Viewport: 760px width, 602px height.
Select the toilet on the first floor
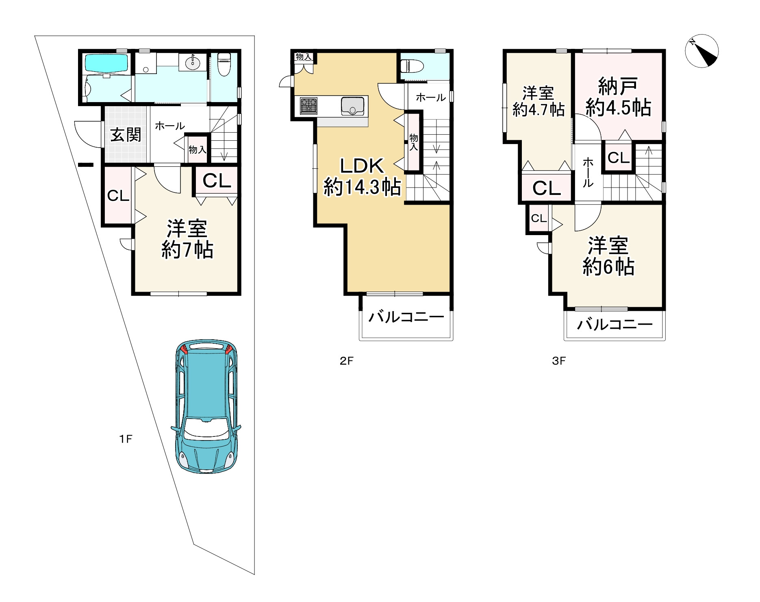(x=224, y=64)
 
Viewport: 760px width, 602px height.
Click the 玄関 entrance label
(x=126, y=135)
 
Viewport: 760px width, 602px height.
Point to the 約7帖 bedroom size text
(x=187, y=250)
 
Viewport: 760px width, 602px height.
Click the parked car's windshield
(x=205, y=430)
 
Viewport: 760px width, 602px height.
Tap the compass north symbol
(x=702, y=51)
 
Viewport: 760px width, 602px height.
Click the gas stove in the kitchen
(x=309, y=106)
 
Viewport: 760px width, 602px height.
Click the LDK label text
(x=362, y=166)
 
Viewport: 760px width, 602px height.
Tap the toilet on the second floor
(x=412, y=65)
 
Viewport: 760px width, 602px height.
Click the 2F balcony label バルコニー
(x=406, y=317)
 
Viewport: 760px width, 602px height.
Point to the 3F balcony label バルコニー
(x=615, y=324)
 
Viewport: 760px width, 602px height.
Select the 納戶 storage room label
(x=618, y=86)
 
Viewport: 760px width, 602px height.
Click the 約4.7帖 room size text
(x=539, y=109)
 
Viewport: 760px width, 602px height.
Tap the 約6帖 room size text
(x=608, y=267)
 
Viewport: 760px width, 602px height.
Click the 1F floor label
(x=126, y=439)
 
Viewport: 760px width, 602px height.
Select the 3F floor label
(x=559, y=361)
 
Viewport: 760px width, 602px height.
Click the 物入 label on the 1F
(x=197, y=150)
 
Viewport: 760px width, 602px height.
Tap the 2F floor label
(x=347, y=361)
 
